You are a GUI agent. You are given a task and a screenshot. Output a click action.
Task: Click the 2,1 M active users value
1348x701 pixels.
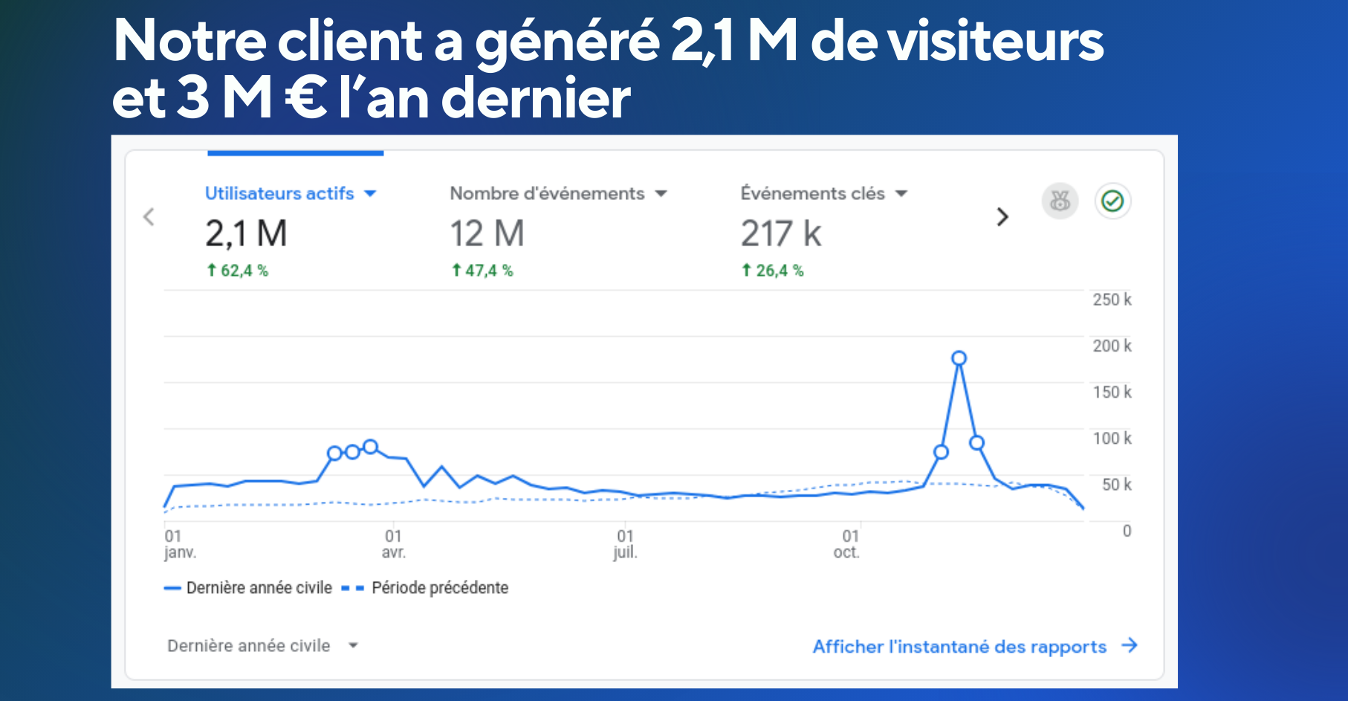(x=246, y=234)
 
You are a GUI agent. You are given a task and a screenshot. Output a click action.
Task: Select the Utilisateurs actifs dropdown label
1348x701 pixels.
(x=279, y=193)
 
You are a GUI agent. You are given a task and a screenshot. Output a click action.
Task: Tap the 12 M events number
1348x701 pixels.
(x=487, y=234)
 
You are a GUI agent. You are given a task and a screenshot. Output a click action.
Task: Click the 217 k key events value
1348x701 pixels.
(x=780, y=234)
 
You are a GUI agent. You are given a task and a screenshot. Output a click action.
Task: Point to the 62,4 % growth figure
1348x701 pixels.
(x=238, y=271)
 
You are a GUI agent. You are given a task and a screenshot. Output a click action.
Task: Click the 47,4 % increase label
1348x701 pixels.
(x=483, y=271)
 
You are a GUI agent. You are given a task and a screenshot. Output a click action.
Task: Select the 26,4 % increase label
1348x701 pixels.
(x=773, y=271)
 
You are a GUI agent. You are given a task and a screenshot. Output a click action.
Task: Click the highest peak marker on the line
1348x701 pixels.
(x=959, y=358)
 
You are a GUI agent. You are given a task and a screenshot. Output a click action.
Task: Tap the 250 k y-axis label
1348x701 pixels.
(x=1112, y=300)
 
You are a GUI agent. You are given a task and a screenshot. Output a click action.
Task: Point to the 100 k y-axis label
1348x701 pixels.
(x=1112, y=439)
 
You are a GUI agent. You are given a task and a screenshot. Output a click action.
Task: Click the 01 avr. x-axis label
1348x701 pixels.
(x=393, y=544)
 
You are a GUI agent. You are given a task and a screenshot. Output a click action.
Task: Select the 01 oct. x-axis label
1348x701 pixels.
(x=847, y=544)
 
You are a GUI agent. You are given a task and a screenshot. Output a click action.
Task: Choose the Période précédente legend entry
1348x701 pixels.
(x=439, y=588)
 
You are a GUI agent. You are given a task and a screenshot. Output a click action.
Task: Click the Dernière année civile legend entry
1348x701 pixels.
(x=259, y=588)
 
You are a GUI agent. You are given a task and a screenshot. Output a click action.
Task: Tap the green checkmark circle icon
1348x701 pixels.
(x=1112, y=201)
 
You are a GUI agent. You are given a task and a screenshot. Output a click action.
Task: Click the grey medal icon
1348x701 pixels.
(x=1060, y=201)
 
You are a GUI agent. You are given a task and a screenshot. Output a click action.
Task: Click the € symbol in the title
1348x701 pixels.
(x=306, y=99)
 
